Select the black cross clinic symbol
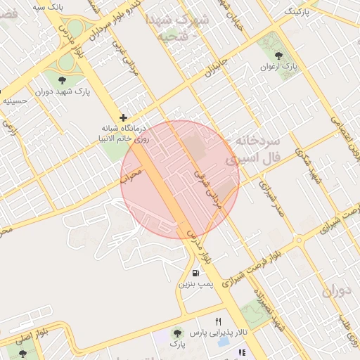(x=123, y=117)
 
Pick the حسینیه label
(x=15, y=101)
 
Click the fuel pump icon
(x=195, y=273)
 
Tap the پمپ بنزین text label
(x=194, y=285)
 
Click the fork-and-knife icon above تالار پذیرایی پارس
(x=218, y=321)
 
